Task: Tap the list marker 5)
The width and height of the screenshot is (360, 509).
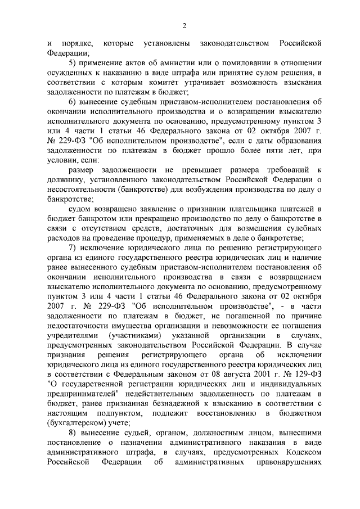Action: click(x=72, y=61)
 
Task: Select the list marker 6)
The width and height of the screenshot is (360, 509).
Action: click(x=72, y=102)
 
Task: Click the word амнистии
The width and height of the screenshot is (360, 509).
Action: click(x=179, y=61)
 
